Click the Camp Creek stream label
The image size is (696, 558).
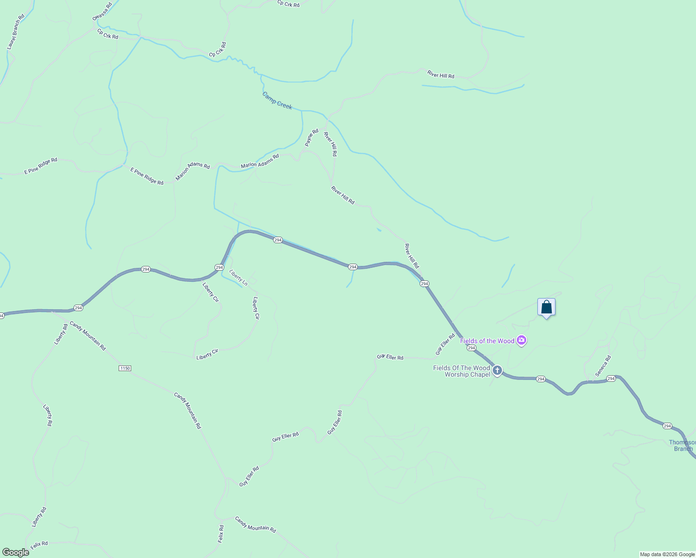point(277,100)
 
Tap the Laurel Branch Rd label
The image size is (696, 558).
point(15,32)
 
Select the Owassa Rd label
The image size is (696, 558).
point(102,11)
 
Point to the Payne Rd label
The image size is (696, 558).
point(312,138)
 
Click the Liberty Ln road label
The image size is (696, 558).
point(238,277)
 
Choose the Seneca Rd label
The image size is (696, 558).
point(603,366)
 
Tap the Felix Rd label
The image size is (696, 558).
point(39,544)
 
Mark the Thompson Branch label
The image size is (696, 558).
point(682,445)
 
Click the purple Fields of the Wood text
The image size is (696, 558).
point(487,341)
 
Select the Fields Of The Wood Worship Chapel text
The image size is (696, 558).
point(462,371)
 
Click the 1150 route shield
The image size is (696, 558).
point(125,368)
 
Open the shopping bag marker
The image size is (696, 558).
point(546,307)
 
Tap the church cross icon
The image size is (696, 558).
point(497,370)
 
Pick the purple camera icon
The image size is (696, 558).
point(522,341)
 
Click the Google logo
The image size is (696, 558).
point(15,552)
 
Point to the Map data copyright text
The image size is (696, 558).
point(667,554)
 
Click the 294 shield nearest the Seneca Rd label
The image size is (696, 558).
point(611,379)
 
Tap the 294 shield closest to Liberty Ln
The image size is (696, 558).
point(219,267)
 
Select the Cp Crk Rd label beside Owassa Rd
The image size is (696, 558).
point(107,34)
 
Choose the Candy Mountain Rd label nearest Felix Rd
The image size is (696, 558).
point(255,525)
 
